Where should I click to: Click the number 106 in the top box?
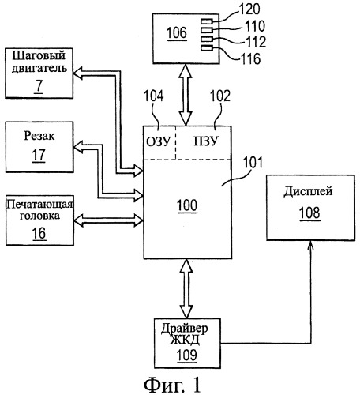pos(177,33)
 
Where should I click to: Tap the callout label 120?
pos(249,9)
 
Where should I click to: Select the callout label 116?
pos(250,58)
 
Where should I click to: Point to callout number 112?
pos(256,42)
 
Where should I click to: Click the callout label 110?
pos(255,26)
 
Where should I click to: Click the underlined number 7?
pos(39,85)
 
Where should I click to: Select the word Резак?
pos(39,136)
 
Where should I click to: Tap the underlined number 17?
pos(39,155)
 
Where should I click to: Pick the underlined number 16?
pos(39,233)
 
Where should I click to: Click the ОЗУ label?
pos(158,141)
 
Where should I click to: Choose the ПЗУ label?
pos(206,141)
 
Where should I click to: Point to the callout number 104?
pos(153,96)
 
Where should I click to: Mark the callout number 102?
pos(220,96)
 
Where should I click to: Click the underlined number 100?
pos(187,205)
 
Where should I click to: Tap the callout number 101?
pos(253,163)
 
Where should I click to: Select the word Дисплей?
pos(308,191)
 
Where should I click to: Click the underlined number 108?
pos(309,213)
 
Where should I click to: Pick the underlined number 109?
pos(187,355)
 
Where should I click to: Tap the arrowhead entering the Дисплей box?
pos(311,244)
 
